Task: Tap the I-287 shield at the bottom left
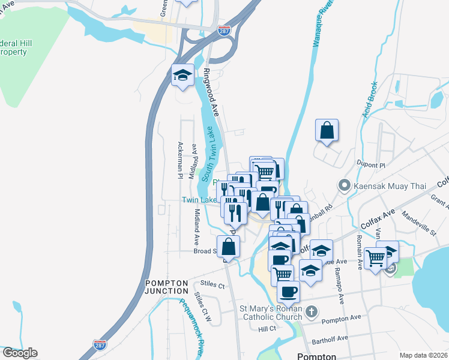[x=100, y=345]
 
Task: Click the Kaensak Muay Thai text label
[x=390, y=186]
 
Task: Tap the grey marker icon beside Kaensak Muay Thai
[x=344, y=185]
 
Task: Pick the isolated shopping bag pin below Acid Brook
[x=327, y=130]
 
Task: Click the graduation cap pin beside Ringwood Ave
[x=182, y=76]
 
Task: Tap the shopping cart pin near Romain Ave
[x=376, y=259]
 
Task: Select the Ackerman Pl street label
[x=179, y=160]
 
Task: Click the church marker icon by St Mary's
[x=310, y=311]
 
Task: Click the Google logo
[x=20, y=353]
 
